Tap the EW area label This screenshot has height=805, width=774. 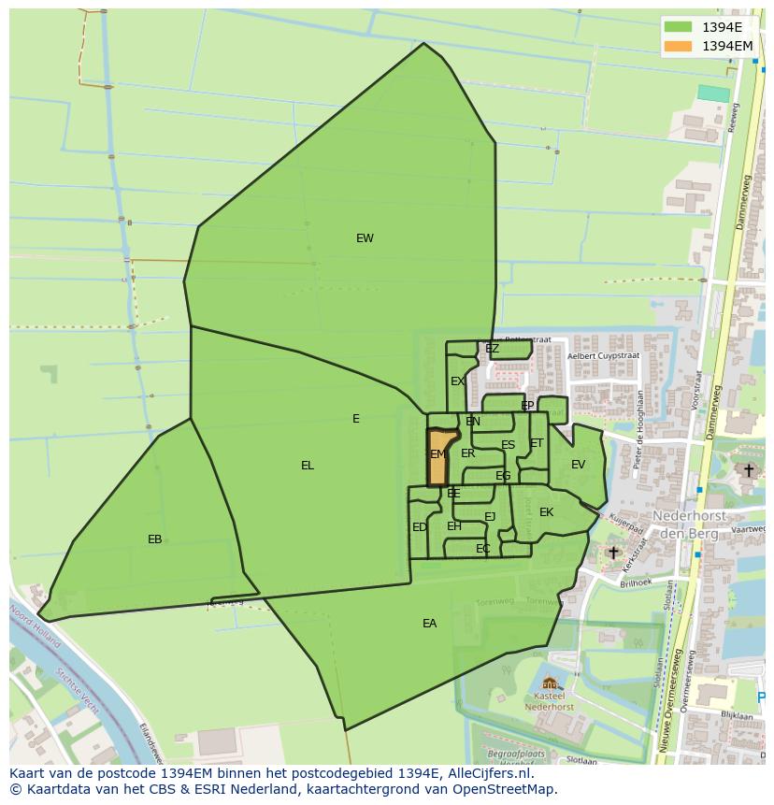365,238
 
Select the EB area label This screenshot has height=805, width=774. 155,539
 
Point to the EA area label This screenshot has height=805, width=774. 429,624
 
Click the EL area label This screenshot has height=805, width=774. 308,466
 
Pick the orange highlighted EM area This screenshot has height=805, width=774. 437,455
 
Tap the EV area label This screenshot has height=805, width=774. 578,465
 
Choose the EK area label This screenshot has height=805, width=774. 547,512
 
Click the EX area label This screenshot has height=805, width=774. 457,381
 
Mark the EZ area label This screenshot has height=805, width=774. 492,349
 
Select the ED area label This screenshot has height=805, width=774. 420,527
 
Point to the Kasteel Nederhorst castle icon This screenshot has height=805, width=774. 550,684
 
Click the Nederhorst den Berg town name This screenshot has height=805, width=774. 685,525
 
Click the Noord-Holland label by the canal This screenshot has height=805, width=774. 36,627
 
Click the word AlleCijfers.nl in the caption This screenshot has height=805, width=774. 487,773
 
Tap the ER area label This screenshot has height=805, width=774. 468,453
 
